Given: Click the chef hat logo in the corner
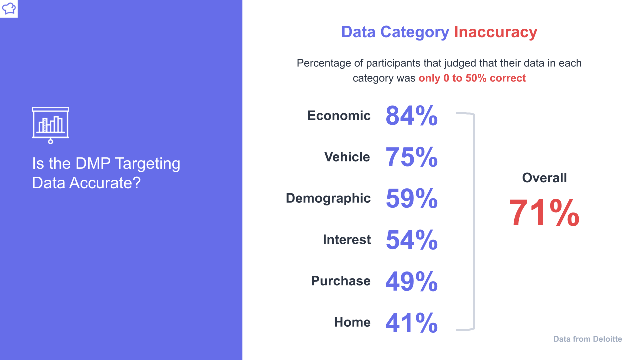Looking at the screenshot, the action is [x=9, y=8].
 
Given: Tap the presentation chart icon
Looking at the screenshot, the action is [x=51, y=125].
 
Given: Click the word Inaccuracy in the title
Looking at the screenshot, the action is [x=495, y=32].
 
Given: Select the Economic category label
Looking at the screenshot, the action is [x=339, y=115].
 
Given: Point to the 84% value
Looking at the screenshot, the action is [x=411, y=116].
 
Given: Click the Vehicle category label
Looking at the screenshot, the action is [x=347, y=157].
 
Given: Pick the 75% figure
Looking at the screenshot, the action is [x=411, y=157].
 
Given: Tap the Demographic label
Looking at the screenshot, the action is [x=328, y=198].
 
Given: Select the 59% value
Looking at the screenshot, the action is [x=411, y=198].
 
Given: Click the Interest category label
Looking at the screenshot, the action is [x=347, y=239].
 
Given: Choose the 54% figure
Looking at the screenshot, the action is [x=411, y=240].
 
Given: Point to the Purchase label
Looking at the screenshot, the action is [x=341, y=281].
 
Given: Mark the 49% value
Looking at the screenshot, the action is [x=411, y=281].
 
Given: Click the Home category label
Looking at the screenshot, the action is [x=352, y=322].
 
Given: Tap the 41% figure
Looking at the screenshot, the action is [x=411, y=323].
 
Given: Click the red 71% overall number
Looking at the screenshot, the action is [x=544, y=213].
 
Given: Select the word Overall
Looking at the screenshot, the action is [x=544, y=178].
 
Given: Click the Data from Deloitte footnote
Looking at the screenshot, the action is [x=587, y=339].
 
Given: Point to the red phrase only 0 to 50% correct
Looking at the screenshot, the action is [x=472, y=78].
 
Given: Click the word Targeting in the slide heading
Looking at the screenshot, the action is [x=147, y=164].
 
